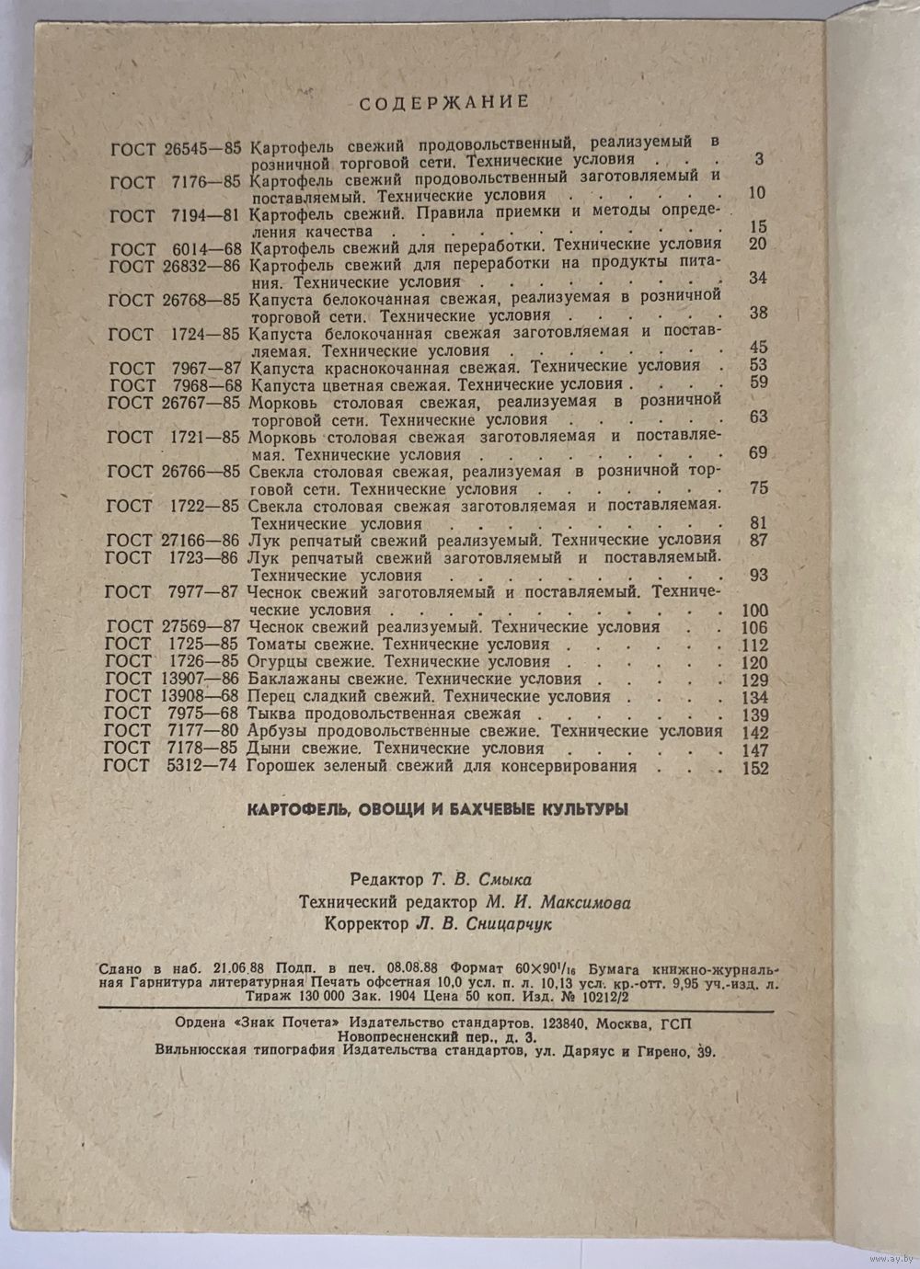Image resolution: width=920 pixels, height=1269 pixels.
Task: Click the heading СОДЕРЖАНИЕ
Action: point(443,102)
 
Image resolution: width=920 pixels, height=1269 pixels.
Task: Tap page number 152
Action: point(754,768)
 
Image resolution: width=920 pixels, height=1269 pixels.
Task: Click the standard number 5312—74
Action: point(201,766)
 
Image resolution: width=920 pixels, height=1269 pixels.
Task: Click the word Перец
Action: point(272,696)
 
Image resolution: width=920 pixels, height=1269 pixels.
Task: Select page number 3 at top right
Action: point(759,159)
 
